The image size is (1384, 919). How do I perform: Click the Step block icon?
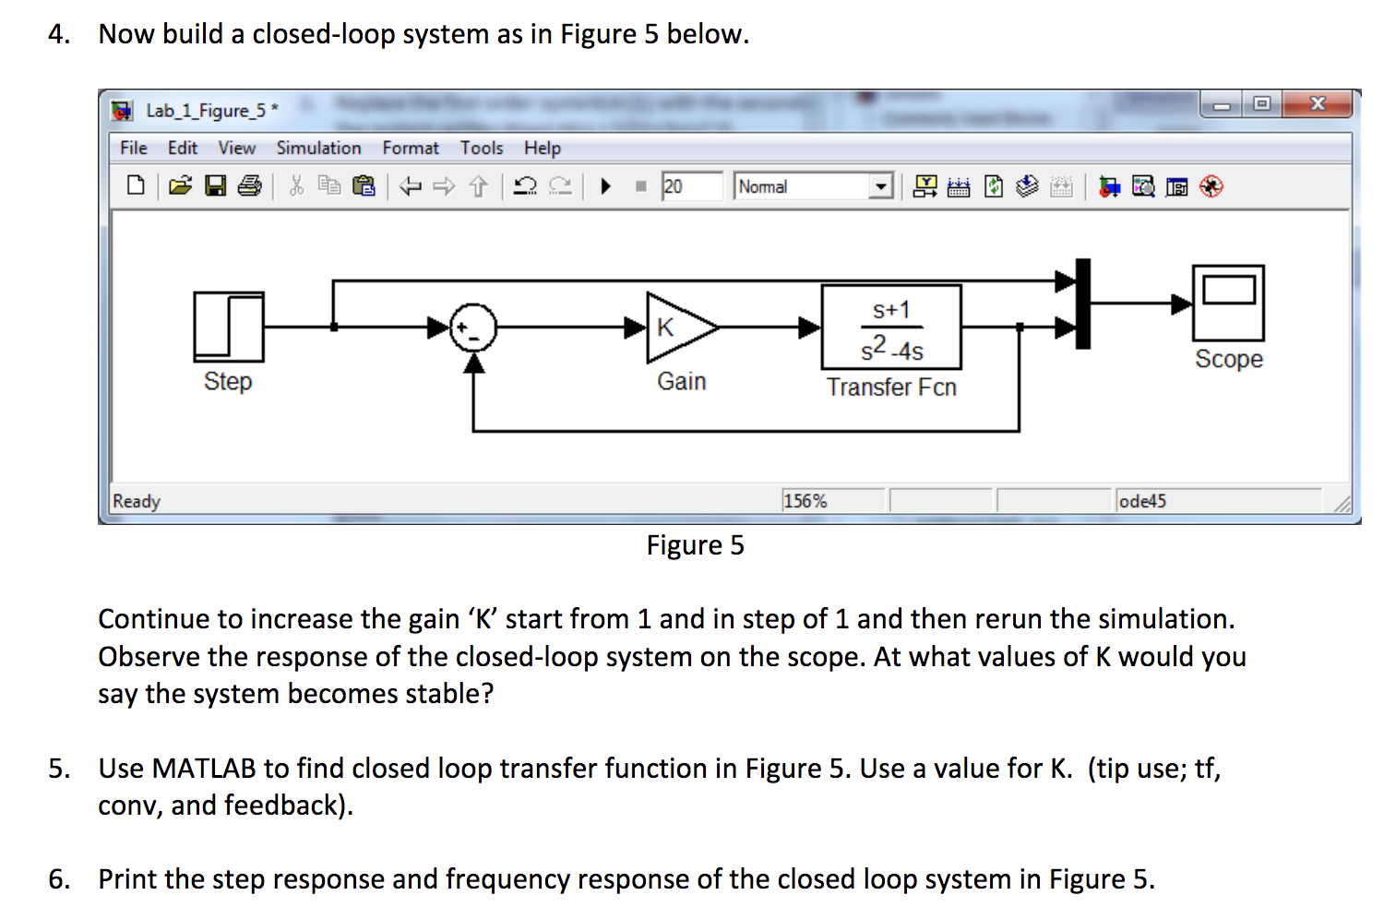click(228, 327)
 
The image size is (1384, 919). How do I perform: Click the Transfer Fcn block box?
click(890, 328)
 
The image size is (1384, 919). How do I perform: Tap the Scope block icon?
click(1228, 303)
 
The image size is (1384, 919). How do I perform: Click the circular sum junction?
click(473, 328)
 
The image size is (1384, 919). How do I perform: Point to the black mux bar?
click(1083, 304)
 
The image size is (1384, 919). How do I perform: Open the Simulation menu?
click(318, 148)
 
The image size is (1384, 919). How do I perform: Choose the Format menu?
click(411, 148)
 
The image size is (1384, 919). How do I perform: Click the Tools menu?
click(482, 148)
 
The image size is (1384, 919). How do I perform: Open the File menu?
click(133, 148)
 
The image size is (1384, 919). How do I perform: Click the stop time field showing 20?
click(690, 186)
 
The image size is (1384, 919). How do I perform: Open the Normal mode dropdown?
click(881, 186)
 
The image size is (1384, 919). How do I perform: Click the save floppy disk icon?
click(215, 186)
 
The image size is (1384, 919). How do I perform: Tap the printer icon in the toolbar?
click(249, 186)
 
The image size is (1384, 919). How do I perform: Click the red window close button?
click(1317, 104)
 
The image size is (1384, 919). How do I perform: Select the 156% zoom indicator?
click(805, 501)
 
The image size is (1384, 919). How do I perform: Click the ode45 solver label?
click(1142, 501)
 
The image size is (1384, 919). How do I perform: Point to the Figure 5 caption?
click(695, 545)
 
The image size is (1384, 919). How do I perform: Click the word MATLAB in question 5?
click(204, 769)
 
